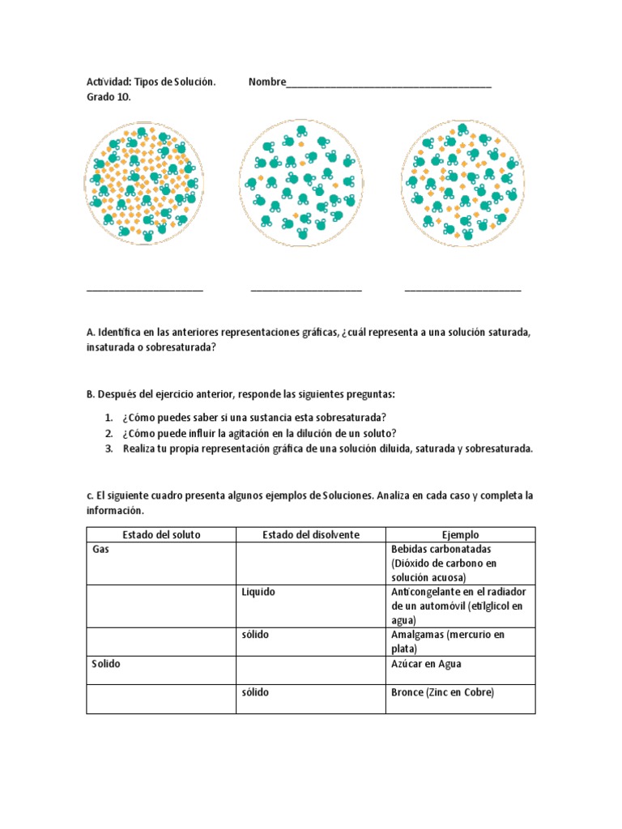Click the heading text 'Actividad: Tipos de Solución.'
pyautogui.click(x=151, y=83)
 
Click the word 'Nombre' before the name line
pyautogui.click(x=267, y=83)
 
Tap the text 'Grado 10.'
pyautogui.click(x=109, y=97)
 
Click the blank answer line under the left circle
pyautogui.click(x=144, y=289)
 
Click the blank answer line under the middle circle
pyautogui.click(x=306, y=289)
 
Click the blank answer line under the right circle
pyautogui.click(x=462, y=289)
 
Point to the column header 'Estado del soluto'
pyautogui.click(x=161, y=535)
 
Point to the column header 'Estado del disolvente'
pyautogui.click(x=311, y=535)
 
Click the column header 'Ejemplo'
pyautogui.click(x=460, y=535)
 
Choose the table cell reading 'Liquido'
pyautogui.click(x=311, y=606)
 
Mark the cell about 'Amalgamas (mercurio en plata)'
pyautogui.click(x=460, y=641)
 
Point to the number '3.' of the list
pyautogui.click(x=109, y=449)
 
